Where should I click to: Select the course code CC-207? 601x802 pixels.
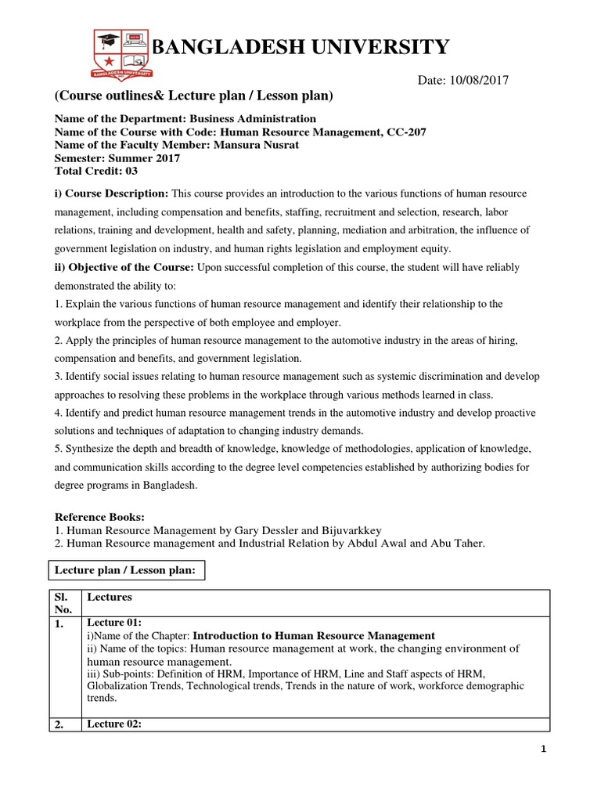coord(407,132)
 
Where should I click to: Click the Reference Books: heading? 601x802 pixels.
coord(99,517)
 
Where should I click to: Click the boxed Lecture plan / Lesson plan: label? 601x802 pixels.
coord(127,570)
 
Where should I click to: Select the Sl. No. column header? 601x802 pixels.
coord(63,603)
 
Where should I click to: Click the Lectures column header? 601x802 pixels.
coord(110,597)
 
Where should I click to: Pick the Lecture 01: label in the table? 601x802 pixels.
coord(113,622)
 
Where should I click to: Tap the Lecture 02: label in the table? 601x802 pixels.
coord(113,724)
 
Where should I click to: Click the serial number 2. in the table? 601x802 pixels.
coord(59,725)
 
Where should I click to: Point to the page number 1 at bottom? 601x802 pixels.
coord(544,750)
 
